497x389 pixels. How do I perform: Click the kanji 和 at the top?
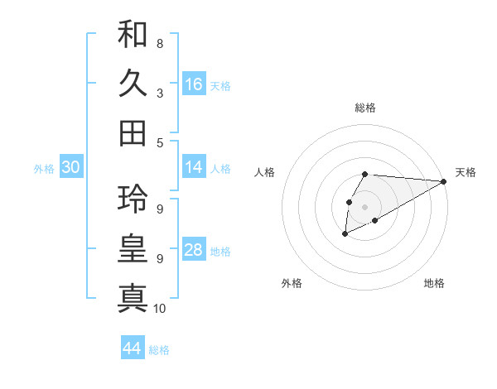[133, 35]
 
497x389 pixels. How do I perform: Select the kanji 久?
[133, 84]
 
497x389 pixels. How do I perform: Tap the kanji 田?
[133, 132]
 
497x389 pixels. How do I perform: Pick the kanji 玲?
[133, 199]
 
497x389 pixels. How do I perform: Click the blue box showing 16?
[194, 84]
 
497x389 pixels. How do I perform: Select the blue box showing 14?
[194, 167]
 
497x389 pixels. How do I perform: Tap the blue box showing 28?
[194, 250]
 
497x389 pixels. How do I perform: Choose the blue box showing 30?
[71, 167]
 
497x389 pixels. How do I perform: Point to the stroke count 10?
[160, 309]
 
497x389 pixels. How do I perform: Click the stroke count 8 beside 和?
[159, 43]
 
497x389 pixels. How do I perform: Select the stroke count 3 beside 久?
[159, 93]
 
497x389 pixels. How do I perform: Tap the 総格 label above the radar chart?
[365, 108]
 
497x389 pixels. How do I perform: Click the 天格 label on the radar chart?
[466, 172]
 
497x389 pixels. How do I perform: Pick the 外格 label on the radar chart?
[291, 283]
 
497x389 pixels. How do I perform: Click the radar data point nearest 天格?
[443, 181]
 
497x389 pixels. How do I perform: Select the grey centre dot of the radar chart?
[364, 205]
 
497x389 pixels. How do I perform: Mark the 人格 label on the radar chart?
[265, 172]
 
